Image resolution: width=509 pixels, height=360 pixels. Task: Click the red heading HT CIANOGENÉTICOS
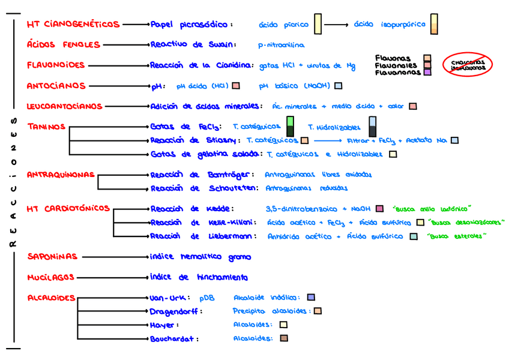[73, 25]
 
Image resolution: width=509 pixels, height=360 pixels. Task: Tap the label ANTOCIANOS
[56, 86]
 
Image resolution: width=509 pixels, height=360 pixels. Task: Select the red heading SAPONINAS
[52, 257]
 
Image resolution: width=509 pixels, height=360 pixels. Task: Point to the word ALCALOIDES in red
[51, 298]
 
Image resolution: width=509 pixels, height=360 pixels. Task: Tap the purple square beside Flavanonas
[427, 72]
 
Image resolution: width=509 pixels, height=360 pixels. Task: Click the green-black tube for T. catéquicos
[291, 127]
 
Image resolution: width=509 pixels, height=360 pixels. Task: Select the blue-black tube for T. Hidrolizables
[373, 127]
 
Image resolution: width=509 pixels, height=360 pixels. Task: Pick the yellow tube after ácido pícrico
[318, 25]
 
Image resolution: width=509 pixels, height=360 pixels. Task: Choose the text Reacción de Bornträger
[191, 175]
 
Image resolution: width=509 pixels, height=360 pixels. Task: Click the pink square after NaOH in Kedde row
[379, 209]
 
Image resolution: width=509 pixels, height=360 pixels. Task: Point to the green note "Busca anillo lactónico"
[430, 209]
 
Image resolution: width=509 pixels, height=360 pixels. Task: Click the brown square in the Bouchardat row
[283, 338]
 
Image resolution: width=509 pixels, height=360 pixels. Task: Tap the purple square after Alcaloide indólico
[310, 298]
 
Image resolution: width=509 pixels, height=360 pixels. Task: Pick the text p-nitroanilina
[281, 45]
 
